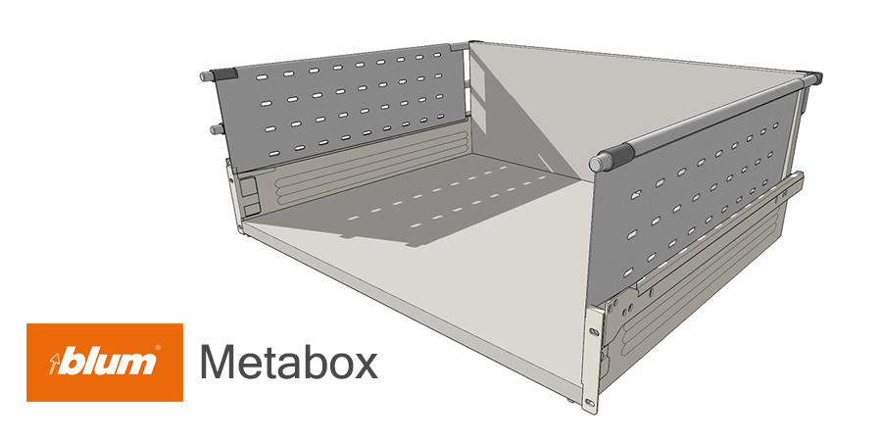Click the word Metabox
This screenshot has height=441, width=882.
click(289, 363)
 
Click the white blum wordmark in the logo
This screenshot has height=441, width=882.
click(110, 362)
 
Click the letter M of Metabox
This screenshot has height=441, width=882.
click(218, 363)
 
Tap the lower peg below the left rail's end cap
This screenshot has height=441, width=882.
click(211, 127)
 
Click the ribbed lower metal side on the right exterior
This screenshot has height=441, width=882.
click(686, 294)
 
